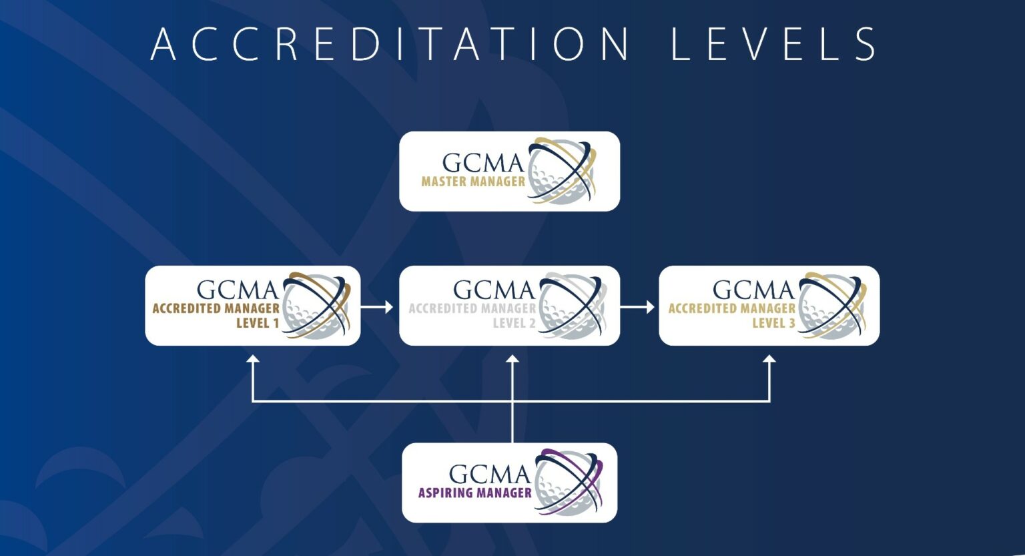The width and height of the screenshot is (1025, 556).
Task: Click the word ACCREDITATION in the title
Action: click(390, 44)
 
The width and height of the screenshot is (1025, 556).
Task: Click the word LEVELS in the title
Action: click(774, 44)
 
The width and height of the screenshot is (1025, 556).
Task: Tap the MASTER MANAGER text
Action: click(473, 181)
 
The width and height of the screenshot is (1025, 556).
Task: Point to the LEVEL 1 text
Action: click(258, 323)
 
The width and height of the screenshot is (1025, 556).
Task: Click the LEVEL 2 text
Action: click(514, 323)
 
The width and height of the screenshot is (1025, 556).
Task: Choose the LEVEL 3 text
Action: click(773, 323)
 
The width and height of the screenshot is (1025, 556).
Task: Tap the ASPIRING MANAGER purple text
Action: click(474, 493)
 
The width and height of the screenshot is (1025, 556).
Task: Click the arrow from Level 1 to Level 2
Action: click(377, 307)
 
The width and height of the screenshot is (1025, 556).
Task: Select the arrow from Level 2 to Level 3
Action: click(638, 307)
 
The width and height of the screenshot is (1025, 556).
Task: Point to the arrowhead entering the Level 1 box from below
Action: click(252, 359)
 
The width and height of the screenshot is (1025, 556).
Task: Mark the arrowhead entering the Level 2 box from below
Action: click(512, 359)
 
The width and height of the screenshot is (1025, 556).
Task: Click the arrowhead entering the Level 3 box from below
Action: click(769, 359)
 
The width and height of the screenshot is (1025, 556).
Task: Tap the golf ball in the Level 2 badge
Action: click(569, 306)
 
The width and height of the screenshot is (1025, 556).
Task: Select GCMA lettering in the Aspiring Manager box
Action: click(489, 474)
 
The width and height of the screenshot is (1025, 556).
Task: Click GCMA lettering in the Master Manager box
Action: click(482, 163)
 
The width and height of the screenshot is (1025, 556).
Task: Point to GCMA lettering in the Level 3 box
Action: click(753, 290)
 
